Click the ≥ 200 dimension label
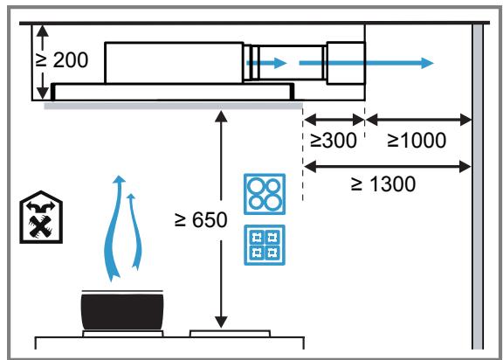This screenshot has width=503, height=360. pyautogui.click(x=61, y=60)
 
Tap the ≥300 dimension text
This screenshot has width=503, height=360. pyautogui.click(x=334, y=140)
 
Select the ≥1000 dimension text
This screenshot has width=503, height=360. pyautogui.click(x=417, y=140)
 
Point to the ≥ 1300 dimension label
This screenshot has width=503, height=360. pyautogui.click(x=383, y=183)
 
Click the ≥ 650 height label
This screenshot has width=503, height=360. pyautogui.click(x=201, y=220)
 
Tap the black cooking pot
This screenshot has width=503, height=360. pyautogui.click(x=122, y=310)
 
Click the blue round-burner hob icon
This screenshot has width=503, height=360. pyautogui.click(x=265, y=194)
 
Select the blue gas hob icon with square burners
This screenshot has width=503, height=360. pyautogui.click(x=265, y=246)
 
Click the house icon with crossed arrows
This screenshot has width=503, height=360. pyautogui.click(x=41, y=218)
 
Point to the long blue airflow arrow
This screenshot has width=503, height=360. pyautogui.click(x=367, y=63)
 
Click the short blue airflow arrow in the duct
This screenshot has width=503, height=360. pyautogui.click(x=266, y=63)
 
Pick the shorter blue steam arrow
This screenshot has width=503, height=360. pyautogui.click(x=136, y=231)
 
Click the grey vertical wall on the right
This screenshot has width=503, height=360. pyautogui.click(x=478, y=186)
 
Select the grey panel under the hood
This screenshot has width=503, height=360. pyautogui.click(x=173, y=106)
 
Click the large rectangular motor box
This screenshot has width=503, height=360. pyautogui.click(x=174, y=63)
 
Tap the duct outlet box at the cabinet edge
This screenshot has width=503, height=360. pyautogui.click(x=346, y=63)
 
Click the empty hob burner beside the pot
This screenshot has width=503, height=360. pyautogui.click(x=230, y=334)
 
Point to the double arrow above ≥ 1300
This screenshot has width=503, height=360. pyautogui.click(x=387, y=167)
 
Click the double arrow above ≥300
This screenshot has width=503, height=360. pyautogui.click(x=334, y=120)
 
